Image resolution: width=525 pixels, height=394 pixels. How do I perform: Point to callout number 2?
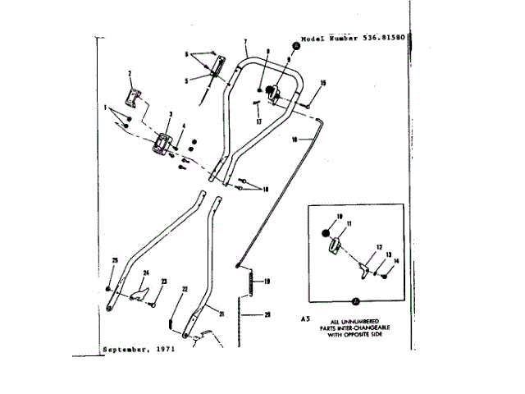[129, 74]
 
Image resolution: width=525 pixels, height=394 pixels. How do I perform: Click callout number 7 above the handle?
[245, 41]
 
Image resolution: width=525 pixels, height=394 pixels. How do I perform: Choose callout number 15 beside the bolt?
[323, 83]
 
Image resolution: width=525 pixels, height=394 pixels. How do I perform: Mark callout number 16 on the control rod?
[294, 140]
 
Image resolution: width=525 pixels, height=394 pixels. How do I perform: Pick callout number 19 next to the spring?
[266, 281]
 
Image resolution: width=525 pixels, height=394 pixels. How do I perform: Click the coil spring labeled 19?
[251, 284]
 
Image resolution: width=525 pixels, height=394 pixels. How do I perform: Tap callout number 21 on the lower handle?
[221, 314]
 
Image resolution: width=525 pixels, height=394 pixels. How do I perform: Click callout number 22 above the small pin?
[185, 289]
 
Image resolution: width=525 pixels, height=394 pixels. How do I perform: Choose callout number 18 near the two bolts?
[265, 188]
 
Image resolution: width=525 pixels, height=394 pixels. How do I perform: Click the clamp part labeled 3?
[161, 144]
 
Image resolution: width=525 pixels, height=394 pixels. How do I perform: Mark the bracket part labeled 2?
[133, 97]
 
